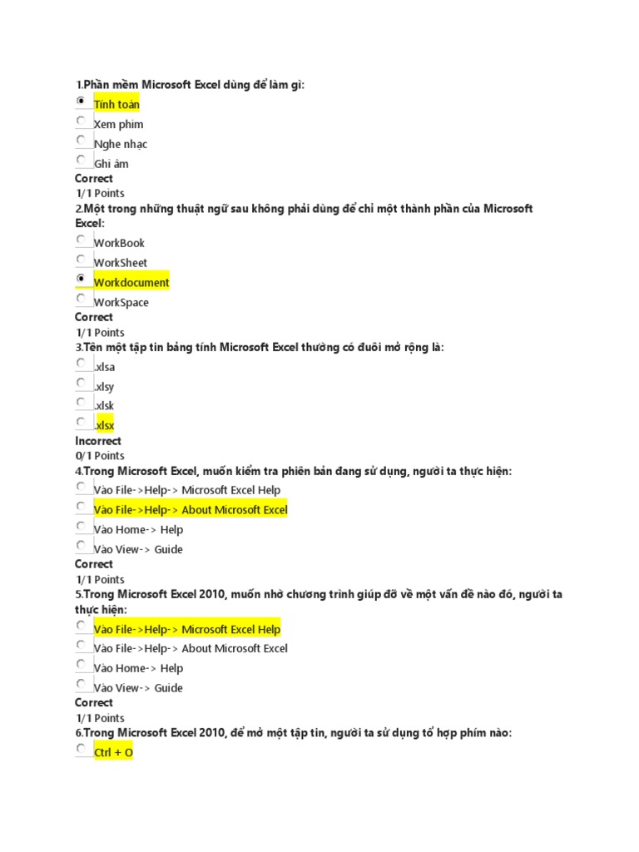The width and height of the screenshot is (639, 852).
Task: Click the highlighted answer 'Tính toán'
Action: coord(116,104)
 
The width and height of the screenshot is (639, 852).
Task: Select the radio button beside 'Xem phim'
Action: coord(82,121)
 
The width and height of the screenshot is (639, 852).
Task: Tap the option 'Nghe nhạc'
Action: coord(121,144)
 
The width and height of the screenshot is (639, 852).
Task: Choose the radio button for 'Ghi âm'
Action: coord(82,161)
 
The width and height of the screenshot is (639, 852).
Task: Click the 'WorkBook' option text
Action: coord(119,243)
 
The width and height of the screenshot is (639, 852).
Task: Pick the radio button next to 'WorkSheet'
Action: coord(82,260)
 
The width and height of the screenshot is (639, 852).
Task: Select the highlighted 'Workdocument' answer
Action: coord(131,283)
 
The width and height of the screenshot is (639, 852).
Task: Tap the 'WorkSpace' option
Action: coord(121,303)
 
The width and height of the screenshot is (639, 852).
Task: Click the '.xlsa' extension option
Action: coord(104,366)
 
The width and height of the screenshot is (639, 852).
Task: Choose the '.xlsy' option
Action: coord(104,386)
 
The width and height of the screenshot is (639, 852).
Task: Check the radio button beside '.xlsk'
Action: coord(82,403)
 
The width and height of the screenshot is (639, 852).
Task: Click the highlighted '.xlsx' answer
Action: coord(104,426)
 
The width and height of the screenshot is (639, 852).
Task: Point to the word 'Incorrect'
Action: coord(98,441)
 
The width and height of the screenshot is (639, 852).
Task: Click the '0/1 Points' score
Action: coord(100,456)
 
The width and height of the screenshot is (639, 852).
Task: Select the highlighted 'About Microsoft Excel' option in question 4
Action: coord(191,510)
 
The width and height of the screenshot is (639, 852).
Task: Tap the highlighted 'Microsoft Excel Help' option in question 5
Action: coord(187,629)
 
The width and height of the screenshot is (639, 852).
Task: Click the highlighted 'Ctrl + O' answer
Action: coord(113,753)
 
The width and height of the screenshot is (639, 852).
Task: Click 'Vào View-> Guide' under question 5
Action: coord(138,688)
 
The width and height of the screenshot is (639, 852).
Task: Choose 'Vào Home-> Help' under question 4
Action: coord(138,530)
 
